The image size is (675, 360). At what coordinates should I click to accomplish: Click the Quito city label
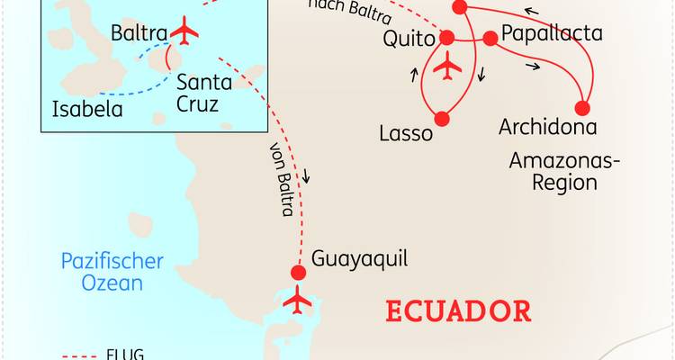(408, 40)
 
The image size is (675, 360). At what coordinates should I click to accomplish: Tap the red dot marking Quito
(447, 38)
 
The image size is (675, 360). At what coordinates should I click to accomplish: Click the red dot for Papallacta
(490, 39)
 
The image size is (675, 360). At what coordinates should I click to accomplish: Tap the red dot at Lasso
(442, 118)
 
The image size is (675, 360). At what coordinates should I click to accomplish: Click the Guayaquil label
(359, 259)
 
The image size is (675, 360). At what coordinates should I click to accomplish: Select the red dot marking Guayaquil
(299, 273)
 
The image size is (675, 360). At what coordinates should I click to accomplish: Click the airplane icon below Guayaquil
(297, 301)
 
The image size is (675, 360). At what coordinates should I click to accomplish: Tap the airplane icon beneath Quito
(447, 66)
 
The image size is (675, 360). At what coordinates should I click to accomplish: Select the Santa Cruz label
(203, 93)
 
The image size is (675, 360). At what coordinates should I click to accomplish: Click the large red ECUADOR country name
(458, 311)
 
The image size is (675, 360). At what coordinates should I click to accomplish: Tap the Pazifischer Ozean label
(112, 272)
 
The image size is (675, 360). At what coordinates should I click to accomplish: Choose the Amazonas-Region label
(553, 171)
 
